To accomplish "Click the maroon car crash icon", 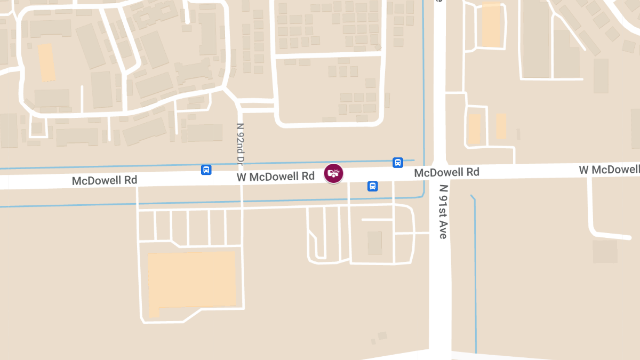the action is tap(333, 173).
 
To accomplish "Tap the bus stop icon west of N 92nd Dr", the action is tap(206, 170).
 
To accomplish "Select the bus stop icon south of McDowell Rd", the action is tap(373, 186).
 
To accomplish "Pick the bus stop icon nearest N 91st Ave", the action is tap(397, 163).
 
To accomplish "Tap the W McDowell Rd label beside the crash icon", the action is tap(276, 176).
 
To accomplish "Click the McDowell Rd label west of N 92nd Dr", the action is tap(105, 181).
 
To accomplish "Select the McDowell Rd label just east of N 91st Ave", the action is tap(446, 172).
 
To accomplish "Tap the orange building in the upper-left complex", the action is tap(46, 62).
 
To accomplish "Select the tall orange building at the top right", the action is tap(491, 25).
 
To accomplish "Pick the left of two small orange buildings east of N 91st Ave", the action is tap(474, 129).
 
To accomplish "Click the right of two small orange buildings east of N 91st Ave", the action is tap(501, 126).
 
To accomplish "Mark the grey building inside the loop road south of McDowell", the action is tap(375, 243).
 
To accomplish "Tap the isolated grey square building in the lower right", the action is tap(605, 251).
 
